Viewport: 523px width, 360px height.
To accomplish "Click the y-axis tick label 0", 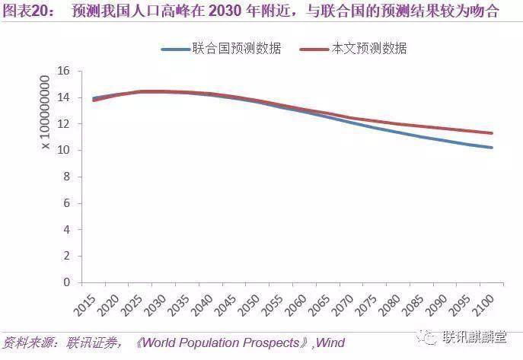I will point(67,282).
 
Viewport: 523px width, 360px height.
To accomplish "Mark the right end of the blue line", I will point(492,147).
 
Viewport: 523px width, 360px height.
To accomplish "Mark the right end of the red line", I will point(492,133).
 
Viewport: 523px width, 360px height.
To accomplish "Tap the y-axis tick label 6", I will point(67,203).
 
